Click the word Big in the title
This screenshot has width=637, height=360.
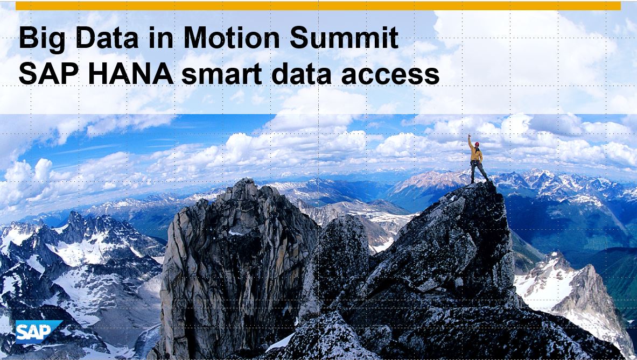42,39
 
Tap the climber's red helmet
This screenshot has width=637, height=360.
477,144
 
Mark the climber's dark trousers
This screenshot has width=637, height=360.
478,171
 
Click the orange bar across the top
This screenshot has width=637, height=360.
318,6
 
